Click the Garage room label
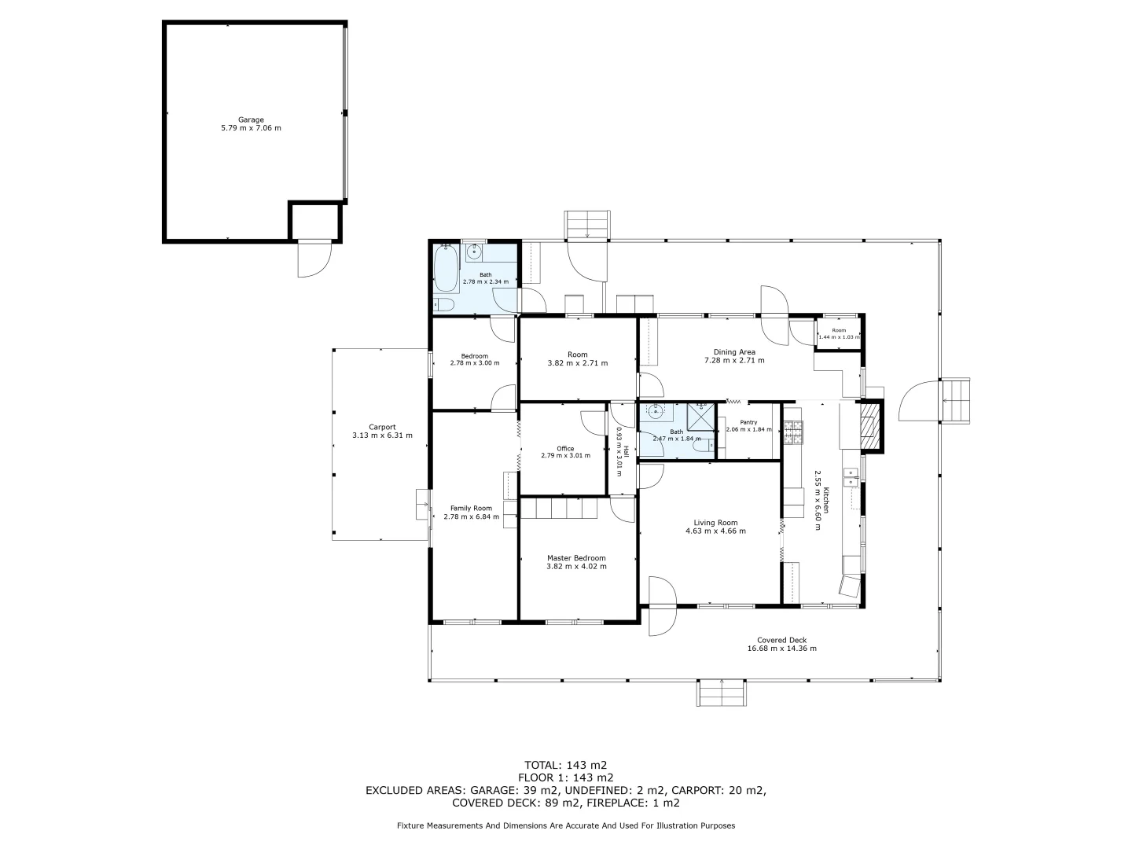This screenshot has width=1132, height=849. [251, 119]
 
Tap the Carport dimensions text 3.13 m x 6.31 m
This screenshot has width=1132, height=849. [382, 436]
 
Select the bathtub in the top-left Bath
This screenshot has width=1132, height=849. [446, 268]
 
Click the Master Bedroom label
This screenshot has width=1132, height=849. [576, 558]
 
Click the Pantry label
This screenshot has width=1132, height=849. [748, 422]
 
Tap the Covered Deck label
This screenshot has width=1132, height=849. [781, 640]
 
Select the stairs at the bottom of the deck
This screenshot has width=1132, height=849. [722, 692]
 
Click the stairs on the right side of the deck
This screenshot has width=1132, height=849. [956, 399]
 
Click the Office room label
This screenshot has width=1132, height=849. [565, 449]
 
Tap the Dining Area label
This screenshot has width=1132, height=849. [734, 352]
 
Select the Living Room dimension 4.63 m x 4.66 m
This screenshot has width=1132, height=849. [715, 531]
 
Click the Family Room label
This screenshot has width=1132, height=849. [471, 508]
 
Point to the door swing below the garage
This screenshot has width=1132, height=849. [311, 260]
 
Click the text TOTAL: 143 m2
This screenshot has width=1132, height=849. [565, 764]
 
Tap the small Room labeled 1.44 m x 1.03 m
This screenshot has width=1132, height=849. [838, 330]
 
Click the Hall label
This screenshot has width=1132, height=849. [627, 452]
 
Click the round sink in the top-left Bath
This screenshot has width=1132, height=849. [474, 252]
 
